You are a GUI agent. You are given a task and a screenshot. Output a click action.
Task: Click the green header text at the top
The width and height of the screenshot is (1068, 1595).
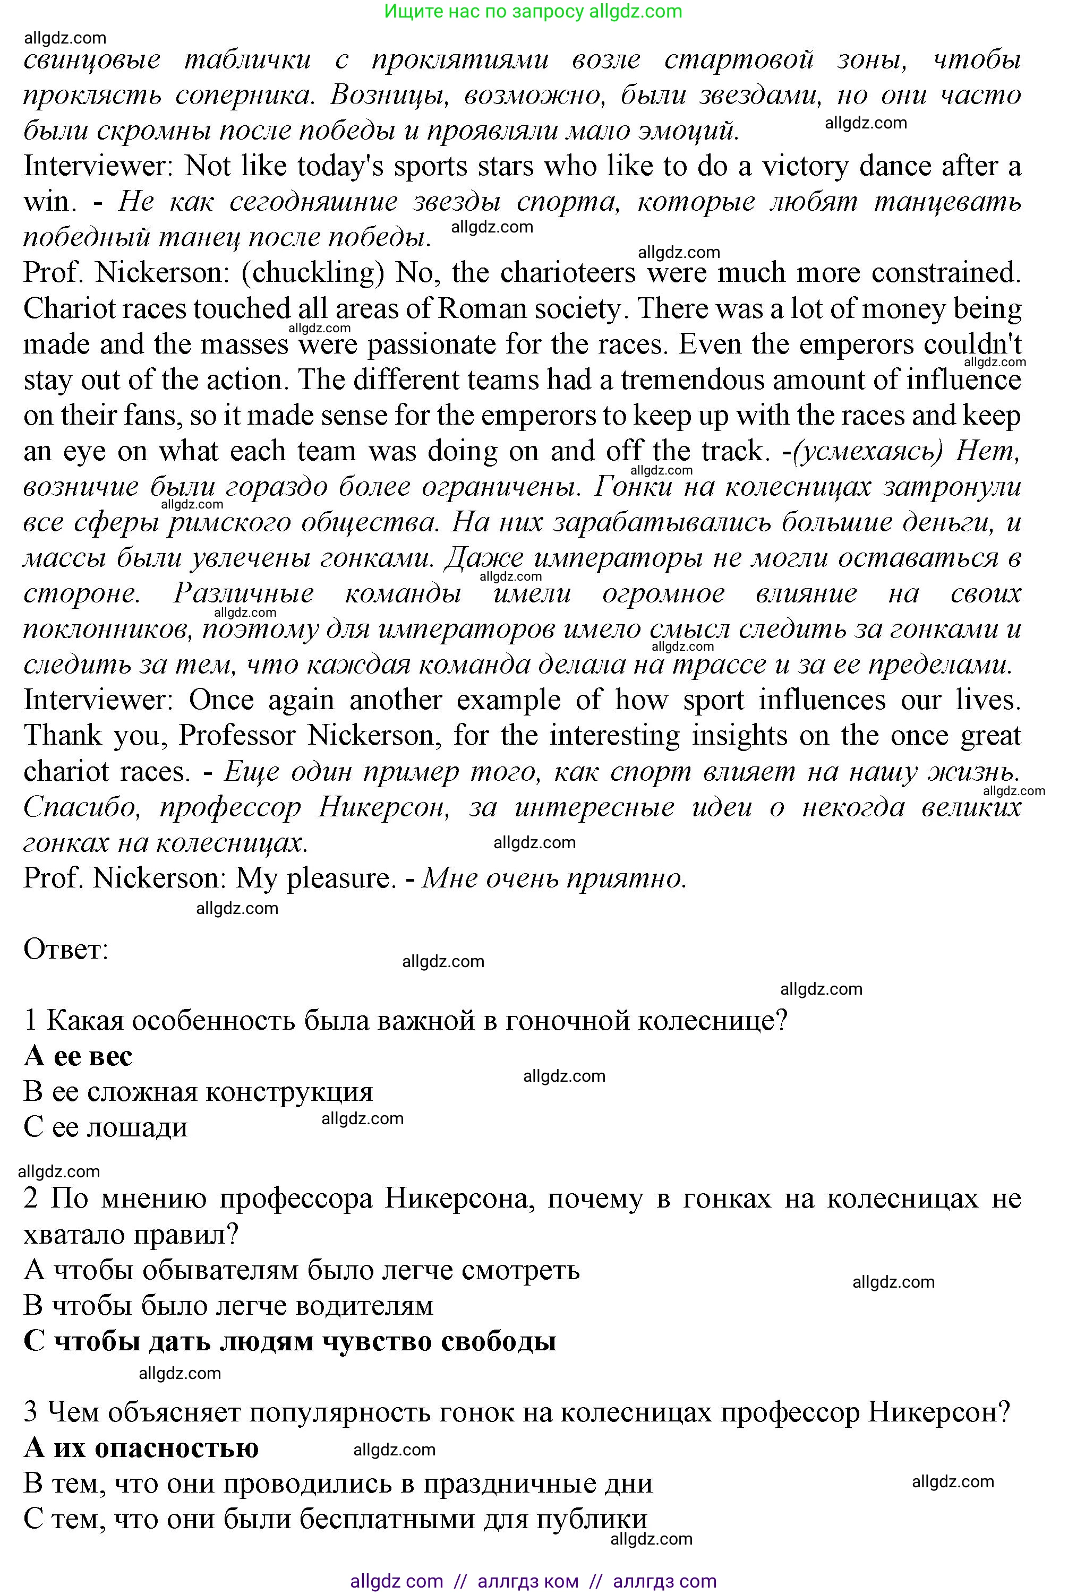tap(533, 11)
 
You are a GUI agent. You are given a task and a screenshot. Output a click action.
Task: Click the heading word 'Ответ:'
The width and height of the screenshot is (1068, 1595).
tap(66, 949)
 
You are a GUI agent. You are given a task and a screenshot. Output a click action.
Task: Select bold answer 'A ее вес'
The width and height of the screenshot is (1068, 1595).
tap(78, 1056)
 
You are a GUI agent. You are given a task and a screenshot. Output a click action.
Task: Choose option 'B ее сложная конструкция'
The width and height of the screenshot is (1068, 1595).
tap(198, 1091)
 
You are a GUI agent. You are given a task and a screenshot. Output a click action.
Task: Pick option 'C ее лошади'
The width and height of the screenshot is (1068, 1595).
tap(106, 1127)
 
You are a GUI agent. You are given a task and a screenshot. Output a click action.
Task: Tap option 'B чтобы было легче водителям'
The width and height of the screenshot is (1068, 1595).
tap(228, 1305)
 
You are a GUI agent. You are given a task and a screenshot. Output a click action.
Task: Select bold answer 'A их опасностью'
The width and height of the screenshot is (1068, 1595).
tap(141, 1447)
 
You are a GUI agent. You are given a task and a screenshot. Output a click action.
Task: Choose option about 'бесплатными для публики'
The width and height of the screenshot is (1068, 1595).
tap(335, 1519)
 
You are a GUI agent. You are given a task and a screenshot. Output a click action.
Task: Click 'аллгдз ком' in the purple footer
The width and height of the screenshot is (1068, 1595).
tap(528, 1581)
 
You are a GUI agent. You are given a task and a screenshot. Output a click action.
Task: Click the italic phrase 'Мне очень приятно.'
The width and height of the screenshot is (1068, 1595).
tap(554, 878)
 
